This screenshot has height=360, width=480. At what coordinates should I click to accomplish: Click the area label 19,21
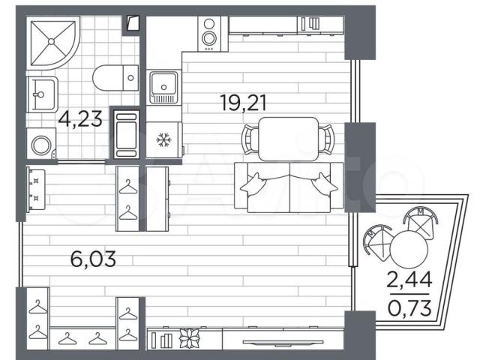243,103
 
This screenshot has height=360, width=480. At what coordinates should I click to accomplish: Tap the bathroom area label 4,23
80,118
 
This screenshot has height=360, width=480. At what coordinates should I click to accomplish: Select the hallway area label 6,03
93,259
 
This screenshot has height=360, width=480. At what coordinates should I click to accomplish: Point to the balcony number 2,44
409,280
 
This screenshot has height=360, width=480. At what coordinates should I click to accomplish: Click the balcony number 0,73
409,307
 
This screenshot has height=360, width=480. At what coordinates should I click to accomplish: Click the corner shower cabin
52,43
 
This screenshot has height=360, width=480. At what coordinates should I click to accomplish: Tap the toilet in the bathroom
115,78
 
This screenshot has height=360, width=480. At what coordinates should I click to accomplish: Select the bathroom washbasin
42,94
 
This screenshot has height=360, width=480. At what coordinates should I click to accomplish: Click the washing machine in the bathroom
41,143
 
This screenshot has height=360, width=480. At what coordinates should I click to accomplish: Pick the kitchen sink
163,88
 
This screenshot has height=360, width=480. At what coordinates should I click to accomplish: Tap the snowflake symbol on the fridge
163,140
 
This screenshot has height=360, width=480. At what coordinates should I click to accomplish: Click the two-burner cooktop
209,33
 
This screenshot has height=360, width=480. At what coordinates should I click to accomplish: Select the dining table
288,139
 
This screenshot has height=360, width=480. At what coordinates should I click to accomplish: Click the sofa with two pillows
289,187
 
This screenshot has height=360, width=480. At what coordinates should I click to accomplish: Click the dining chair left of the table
250,139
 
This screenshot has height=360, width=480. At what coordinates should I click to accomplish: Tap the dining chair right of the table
325,139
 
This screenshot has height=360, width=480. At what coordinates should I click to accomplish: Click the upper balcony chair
421,222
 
